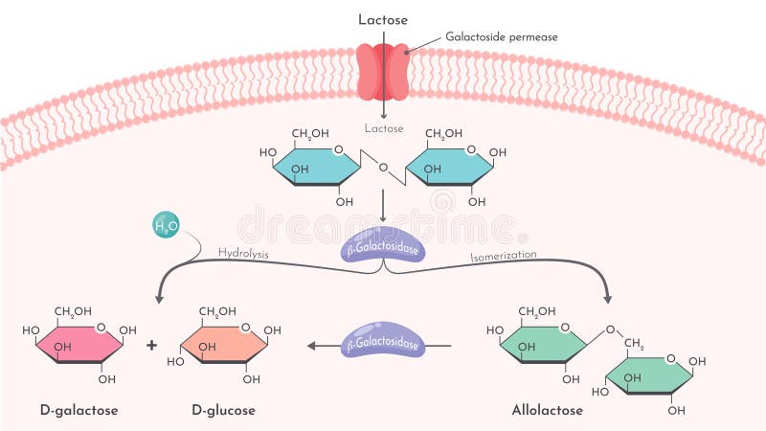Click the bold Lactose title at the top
click(x=383, y=19)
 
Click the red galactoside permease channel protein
click(x=383, y=71)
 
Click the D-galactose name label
click(x=79, y=410)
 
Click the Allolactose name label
click(x=548, y=410)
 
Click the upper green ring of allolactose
click(x=542, y=344)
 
